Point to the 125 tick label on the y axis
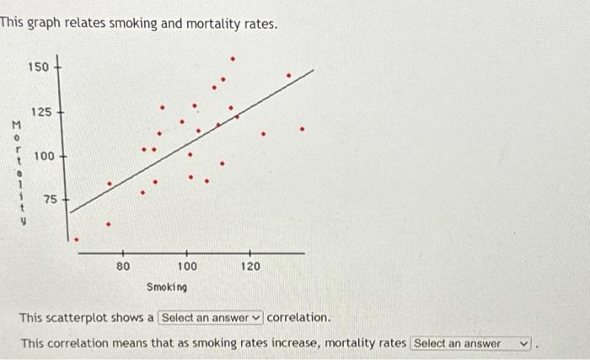pyautogui.click(x=41, y=112)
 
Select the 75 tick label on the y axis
pyautogui.click(x=51, y=200)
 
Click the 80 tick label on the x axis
pyautogui.click(x=123, y=266)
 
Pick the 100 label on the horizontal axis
pyautogui.click(x=187, y=266)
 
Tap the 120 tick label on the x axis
pyautogui.click(x=251, y=266)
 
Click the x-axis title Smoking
pyautogui.click(x=167, y=287)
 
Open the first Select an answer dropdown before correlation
pyautogui.click(x=211, y=318)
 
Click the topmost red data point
pyautogui.click(x=233, y=59)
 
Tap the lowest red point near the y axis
pyautogui.click(x=77, y=239)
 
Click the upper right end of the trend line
pyautogui.click(x=314, y=71)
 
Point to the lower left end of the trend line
pyautogui.click(x=70, y=213)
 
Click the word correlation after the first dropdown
pyautogui.click(x=298, y=318)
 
